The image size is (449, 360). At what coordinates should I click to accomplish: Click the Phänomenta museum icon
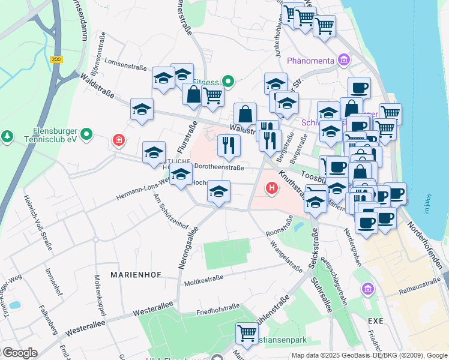pyautogui.click(x=343, y=60)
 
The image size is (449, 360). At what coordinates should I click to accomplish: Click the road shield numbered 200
pyautogui.click(x=56, y=59)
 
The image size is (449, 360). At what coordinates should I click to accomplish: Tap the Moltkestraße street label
pyautogui.click(x=204, y=280)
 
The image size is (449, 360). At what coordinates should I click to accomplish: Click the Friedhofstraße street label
pyautogui.click(x=218, y=310)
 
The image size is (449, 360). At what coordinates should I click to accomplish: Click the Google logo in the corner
pyautogui.click(x=19, y=353)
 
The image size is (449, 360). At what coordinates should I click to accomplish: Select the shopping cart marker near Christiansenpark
pyautogui.click(x=246, y=332)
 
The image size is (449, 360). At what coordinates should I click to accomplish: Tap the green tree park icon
pyautogui.click(x=7, y=137)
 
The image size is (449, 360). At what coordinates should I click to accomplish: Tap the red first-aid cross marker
pyautogui.click(x=119, y=140)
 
